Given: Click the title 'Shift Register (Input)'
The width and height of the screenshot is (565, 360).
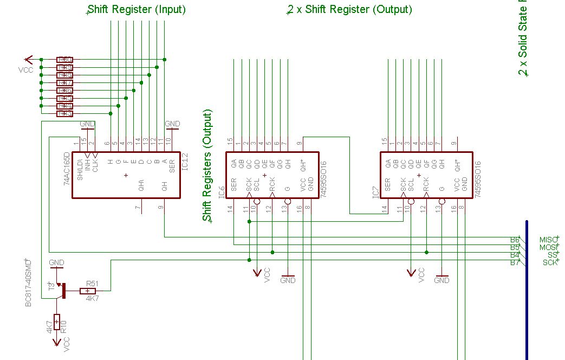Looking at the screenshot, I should tap(137, 9).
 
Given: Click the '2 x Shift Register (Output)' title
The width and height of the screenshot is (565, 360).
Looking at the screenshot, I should tap(350, 9).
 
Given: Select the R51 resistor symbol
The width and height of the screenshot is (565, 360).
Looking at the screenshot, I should tap(87, 291).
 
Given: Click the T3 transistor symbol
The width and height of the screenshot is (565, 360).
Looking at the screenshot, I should tap(61, 290).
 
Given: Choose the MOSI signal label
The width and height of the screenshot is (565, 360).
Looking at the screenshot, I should tap(548, 247).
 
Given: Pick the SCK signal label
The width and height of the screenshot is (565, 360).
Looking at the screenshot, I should tap(550, 262).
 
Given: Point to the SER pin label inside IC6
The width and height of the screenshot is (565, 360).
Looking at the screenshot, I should tap(234, 185).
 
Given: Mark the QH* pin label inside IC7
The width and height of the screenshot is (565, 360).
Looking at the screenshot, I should tap(457, 165).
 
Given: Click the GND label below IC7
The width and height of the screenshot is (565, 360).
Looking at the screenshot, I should tap(441, 280).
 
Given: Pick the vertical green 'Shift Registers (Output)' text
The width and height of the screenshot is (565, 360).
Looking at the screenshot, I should tap(207, 165).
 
